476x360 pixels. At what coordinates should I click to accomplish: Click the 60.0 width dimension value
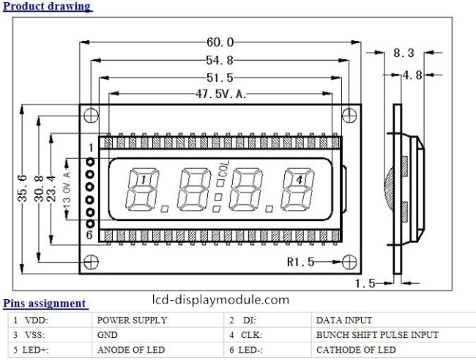click(220, 42)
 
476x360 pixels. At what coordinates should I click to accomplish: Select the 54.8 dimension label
click(220, 60)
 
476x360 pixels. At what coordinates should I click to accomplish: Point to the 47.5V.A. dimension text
click(220, 94)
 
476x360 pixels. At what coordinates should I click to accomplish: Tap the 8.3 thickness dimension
click(404, 53)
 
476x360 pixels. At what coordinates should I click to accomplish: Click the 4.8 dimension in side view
click(412, 75)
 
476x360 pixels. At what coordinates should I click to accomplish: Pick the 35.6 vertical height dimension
click(23, 188)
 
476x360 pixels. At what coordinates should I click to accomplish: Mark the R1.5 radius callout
click(300, 262)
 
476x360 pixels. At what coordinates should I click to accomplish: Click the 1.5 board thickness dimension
click(365, 284)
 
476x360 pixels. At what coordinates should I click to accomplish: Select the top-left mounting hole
click(91, 116)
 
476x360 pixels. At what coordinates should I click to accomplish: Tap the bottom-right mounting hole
click(349, 262)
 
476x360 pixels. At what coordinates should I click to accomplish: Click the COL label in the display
click(223, 169)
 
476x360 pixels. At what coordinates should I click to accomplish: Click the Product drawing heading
click(47, 7)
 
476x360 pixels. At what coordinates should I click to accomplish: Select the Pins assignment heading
click(45, 304)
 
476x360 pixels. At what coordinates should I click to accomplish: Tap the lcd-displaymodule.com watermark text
click(220, 300)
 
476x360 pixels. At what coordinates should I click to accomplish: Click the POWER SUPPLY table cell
click(132, 320)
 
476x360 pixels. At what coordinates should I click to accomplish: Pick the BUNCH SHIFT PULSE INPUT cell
click(377, 335)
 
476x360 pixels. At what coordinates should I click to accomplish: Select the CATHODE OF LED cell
click(356, 350)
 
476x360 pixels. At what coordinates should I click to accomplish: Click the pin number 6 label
click(89, 235)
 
